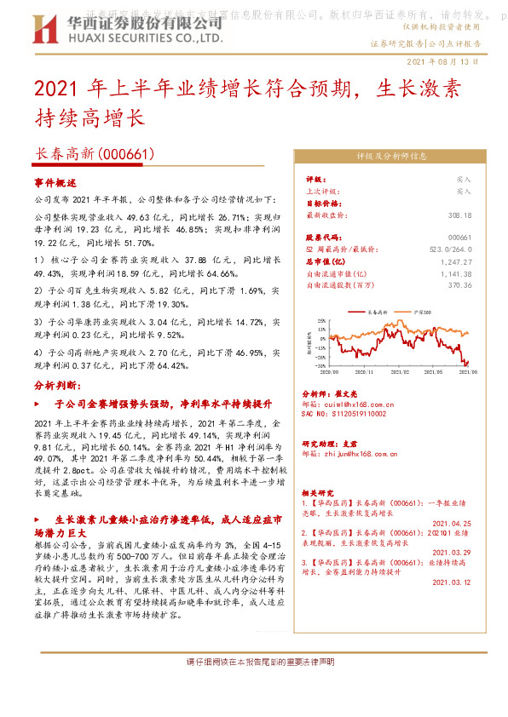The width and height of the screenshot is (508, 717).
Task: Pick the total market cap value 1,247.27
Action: coord(456,261)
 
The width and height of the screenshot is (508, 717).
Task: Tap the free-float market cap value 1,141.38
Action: coord(456,273)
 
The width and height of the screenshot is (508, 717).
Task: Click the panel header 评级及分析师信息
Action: coord(391,156)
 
